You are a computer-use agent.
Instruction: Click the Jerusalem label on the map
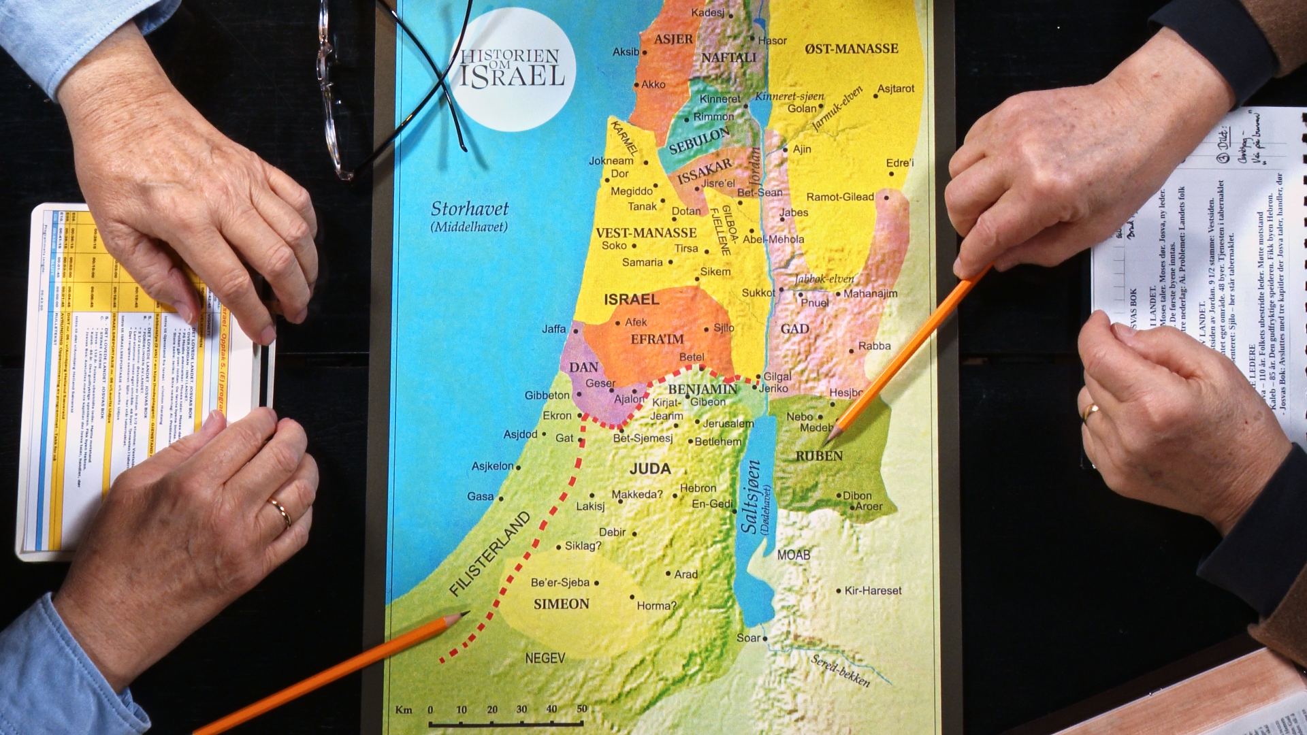click(728, 423)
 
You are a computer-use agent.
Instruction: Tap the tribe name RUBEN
click(819, 456)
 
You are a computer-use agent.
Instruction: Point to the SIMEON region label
click(561, 604)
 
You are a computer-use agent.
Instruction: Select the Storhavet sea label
click(469, 210)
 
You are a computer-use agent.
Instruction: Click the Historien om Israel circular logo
click(513, 68)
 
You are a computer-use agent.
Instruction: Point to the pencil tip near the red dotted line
click(466, 613)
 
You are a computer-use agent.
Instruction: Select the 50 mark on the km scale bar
click(582, 709)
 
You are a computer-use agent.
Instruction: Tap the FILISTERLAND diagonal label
click(489, 554)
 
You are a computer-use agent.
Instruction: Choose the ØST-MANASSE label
click(851, 49)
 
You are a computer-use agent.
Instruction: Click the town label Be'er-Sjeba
click(560, 583)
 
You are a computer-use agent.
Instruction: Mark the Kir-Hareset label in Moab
click(872, 591)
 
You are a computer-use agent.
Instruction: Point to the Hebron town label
click(698, 488)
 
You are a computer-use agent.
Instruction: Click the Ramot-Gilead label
click(839, 197)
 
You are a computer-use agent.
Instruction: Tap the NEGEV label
click(545, 658)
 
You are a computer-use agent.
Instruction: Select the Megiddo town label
click(631, 191)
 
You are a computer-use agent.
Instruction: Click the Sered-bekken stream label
click(840, 670)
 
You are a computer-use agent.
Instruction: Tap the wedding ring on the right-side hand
click(1091, 411)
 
